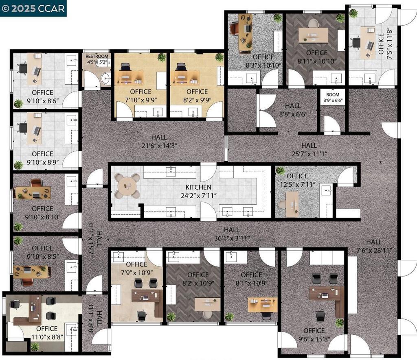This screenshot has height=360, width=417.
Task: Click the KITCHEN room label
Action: coord(198,187)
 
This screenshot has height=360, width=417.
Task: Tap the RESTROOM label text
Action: coord(97,56)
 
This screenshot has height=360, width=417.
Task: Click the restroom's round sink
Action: coord(106,79)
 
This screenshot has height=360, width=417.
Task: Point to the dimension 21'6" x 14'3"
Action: coord(159,146)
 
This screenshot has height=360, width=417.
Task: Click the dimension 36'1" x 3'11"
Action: coord(232,238)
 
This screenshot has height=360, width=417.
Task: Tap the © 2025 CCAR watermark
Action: coord(33,8)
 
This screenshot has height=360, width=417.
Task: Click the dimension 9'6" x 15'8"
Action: coord(314,339)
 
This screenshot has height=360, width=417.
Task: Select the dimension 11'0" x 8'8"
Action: coord(47,337)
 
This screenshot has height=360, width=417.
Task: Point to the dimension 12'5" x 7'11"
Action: coord(298,184)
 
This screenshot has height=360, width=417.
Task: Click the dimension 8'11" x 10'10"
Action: coord(317,61)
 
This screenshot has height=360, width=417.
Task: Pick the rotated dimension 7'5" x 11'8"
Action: coord(389,43)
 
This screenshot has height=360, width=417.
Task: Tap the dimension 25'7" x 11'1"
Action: coord(309,154)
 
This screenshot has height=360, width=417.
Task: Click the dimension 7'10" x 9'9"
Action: coord(141,100)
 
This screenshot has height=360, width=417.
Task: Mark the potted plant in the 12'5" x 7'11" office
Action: coord(280,170)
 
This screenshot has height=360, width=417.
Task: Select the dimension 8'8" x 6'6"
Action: coord(293,114)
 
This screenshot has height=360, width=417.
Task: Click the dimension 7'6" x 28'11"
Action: coord(374,250)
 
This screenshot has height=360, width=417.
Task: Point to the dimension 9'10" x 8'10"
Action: coord(42,217)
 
